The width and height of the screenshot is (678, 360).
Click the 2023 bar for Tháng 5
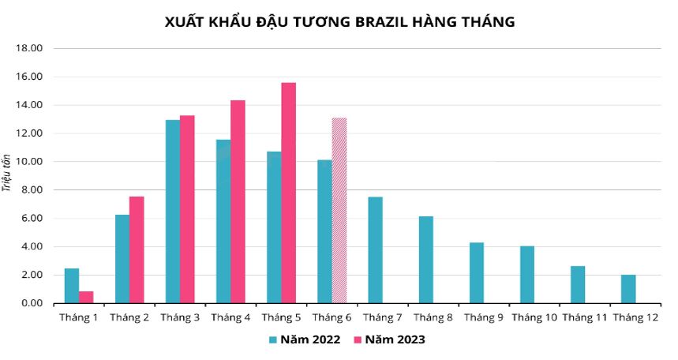coord(289,193)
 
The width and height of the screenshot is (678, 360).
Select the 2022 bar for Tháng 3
coord(173,212)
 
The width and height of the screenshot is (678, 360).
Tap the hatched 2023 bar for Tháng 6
coord(339,210)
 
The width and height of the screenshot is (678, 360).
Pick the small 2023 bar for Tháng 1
coord(86,297)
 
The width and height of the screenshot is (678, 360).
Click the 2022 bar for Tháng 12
coord(628,289)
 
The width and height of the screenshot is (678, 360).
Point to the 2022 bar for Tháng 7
coord(376,249)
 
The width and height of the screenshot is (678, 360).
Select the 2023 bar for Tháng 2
coord(137,249)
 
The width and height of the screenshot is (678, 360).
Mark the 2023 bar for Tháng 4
coord(238,201)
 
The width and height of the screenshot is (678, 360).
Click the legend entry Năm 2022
coord(304,340)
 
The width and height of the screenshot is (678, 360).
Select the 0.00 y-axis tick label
coord(32,303)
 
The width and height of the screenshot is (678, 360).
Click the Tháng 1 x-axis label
coord(79,317)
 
